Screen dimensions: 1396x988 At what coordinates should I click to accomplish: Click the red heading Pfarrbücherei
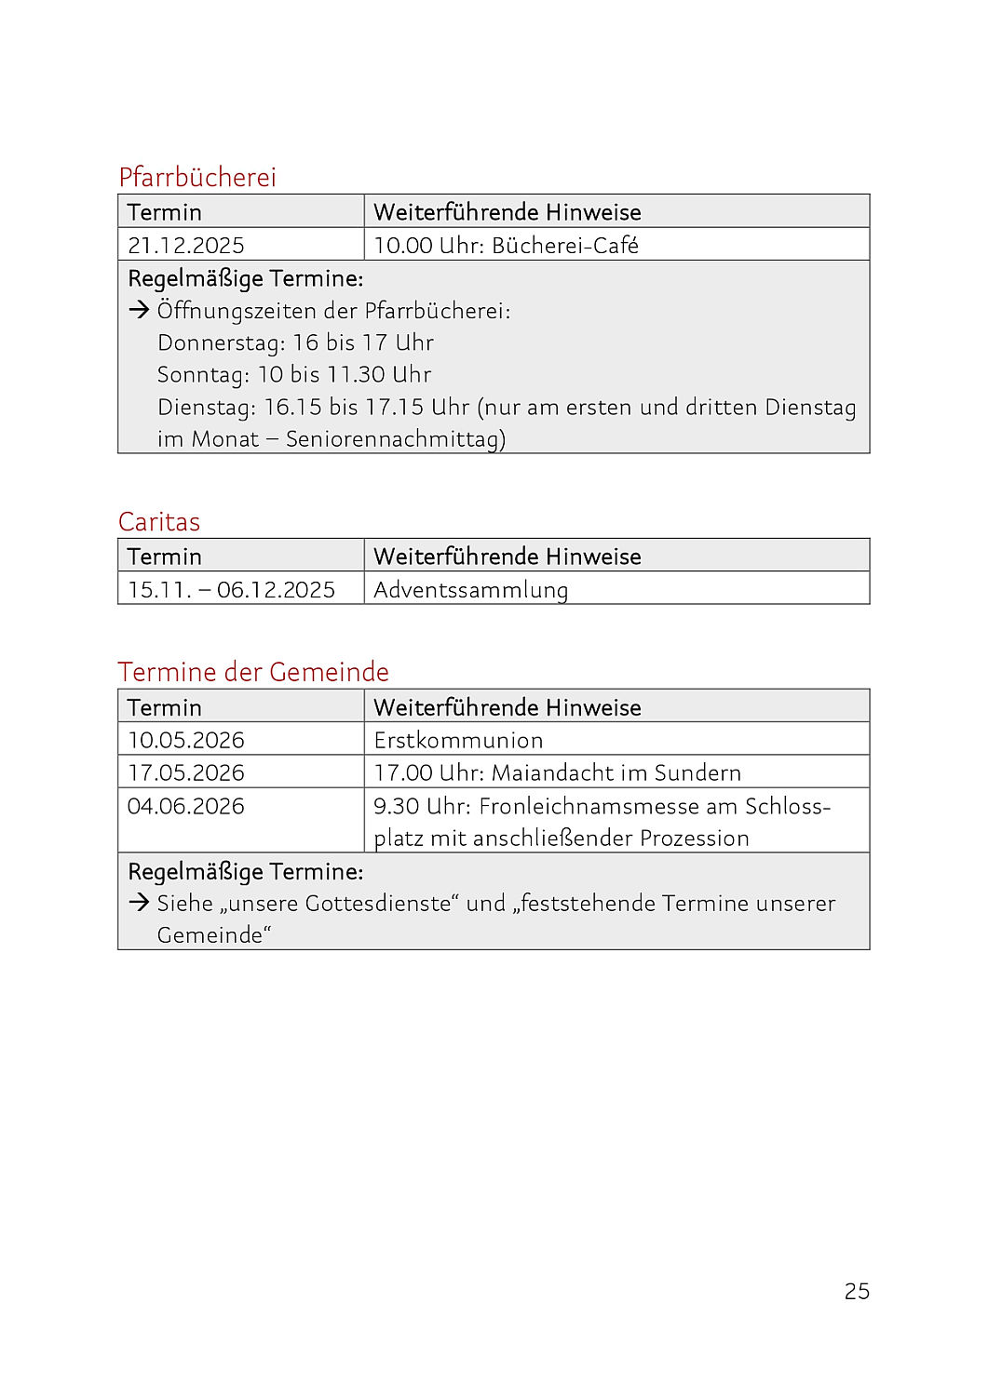coord(197,177)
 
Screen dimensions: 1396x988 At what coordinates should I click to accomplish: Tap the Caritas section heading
coord(159,521)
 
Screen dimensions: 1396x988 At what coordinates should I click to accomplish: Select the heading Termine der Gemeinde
coord(253,672)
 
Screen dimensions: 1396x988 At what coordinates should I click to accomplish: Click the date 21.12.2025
coord(186,246)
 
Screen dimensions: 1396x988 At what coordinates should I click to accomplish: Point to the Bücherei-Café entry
coord(564,246)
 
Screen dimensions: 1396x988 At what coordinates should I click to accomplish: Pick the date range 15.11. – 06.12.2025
coord(231,590)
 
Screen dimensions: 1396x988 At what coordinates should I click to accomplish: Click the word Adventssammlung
coord(470,590)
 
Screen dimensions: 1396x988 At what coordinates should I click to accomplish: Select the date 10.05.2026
coord(186,741)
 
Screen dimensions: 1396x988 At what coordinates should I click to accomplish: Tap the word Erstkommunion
coord(458,741)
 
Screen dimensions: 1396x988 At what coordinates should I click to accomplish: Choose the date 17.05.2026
coord(186,773)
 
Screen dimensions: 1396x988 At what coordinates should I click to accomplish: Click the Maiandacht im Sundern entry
coord(616,773)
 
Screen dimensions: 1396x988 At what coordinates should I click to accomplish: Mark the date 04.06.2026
coord(186,806)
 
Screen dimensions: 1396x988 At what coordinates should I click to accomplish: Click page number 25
coord(857,1291)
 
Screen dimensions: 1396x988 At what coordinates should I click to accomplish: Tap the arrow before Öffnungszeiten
coord(139,310)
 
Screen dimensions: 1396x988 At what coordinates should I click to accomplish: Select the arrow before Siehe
coord(139,902)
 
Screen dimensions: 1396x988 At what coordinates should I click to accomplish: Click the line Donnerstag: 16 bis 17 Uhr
coord(295,342)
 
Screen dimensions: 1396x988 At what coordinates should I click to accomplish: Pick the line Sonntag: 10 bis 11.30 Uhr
coord(294,374)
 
